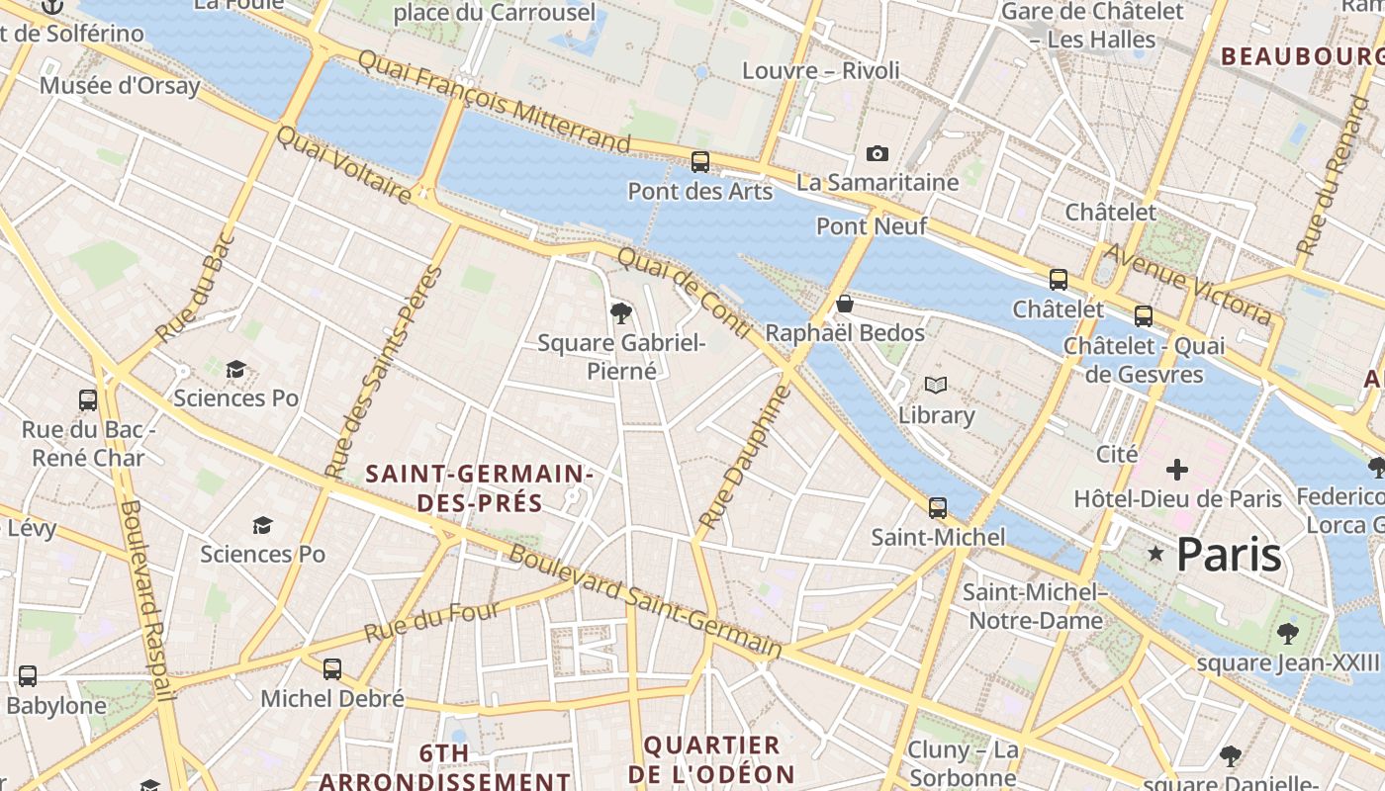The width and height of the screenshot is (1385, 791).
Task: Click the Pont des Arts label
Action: (699, 191)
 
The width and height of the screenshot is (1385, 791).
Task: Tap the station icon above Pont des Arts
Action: (700, 161)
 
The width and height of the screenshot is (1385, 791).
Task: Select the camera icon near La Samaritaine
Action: (877, 153)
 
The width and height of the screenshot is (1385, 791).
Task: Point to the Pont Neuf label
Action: (871, 226)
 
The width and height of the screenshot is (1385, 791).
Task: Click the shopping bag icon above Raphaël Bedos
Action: (844, 304)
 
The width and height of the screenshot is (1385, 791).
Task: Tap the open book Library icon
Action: (935, 385)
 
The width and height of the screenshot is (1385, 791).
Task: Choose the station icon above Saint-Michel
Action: (937, 508)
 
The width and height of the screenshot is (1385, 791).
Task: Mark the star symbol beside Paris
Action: (1154, 554)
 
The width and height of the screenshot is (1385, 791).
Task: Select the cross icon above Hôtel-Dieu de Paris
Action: (1177, 469)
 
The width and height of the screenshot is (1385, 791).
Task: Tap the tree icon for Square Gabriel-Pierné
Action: (621, 314)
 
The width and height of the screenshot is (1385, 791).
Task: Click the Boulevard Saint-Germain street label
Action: (645, 601)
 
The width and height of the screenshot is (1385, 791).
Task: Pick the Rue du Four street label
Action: (431, 621)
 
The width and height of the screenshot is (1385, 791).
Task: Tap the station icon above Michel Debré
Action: (332, 669)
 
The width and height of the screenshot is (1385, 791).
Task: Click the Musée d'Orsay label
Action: (120, 85)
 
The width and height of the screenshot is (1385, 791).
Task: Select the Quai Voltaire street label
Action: (343, 165)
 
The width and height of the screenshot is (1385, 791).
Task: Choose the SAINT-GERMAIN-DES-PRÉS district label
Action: (480, 488)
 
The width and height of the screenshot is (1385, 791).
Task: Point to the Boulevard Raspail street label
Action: (145, 601)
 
